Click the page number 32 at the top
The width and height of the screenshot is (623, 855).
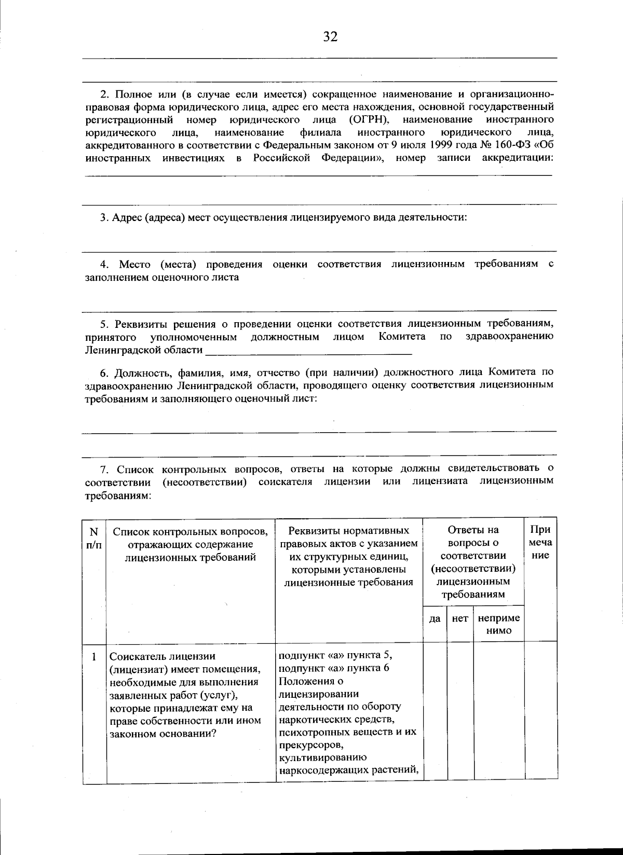tap(330, 36)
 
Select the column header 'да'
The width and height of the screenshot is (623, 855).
tap(435, 618)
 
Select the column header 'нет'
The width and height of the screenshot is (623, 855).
tap(460, 618)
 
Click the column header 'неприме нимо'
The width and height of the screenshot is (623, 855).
tap(498, 624)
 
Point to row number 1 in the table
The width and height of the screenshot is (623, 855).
tap(94, 657)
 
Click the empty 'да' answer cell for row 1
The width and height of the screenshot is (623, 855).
tap(435, 711)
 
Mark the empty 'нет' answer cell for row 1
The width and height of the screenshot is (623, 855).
tap(460, 711)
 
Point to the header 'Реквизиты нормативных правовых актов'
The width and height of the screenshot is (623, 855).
tap(348, 536)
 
